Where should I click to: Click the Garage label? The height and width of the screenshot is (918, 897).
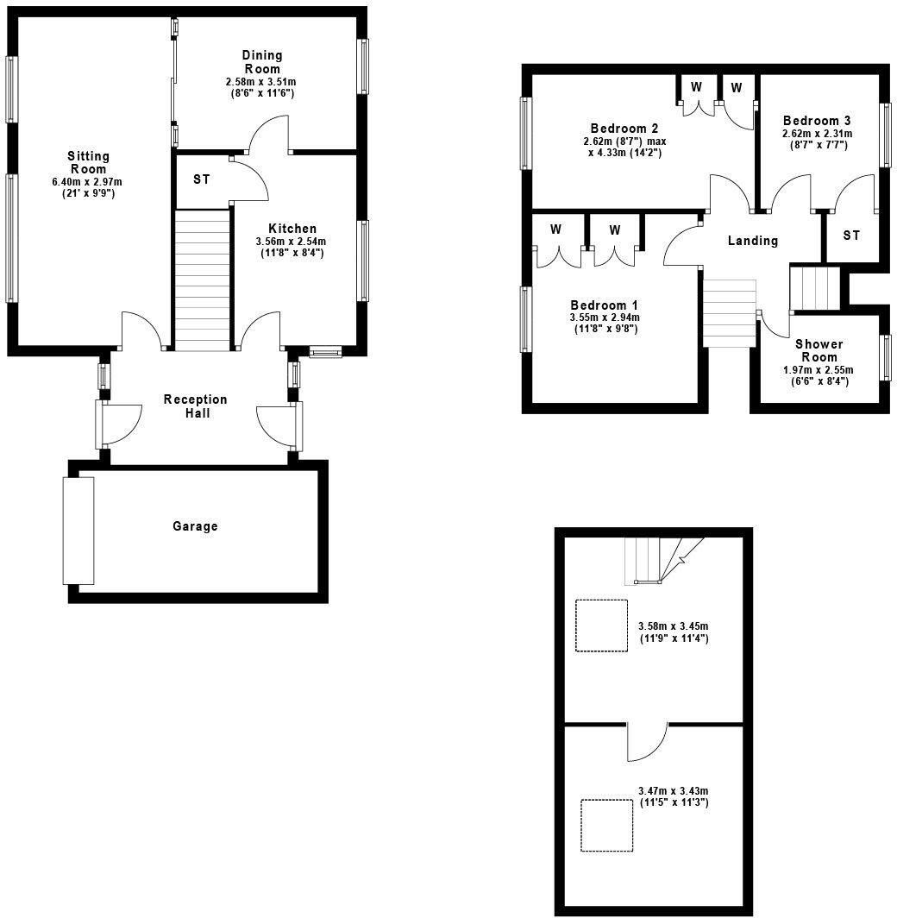(195, 526)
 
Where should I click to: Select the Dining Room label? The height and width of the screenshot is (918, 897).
(262, 62)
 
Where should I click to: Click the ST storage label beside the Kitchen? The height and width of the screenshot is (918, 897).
(202, 179)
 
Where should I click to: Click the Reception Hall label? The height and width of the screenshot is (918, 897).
(196, 406)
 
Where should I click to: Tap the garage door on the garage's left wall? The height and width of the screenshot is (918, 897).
(78, 531)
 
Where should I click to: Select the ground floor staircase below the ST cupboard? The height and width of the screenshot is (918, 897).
(204, 279)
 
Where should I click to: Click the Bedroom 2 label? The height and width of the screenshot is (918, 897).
(618, 129)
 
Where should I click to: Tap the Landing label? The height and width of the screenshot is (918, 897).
(753, 241)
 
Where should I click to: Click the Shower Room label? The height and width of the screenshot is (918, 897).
(819, 350)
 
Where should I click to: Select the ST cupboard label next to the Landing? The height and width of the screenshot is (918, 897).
(851, 235)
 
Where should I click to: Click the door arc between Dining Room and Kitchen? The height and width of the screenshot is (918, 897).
(269, 134)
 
